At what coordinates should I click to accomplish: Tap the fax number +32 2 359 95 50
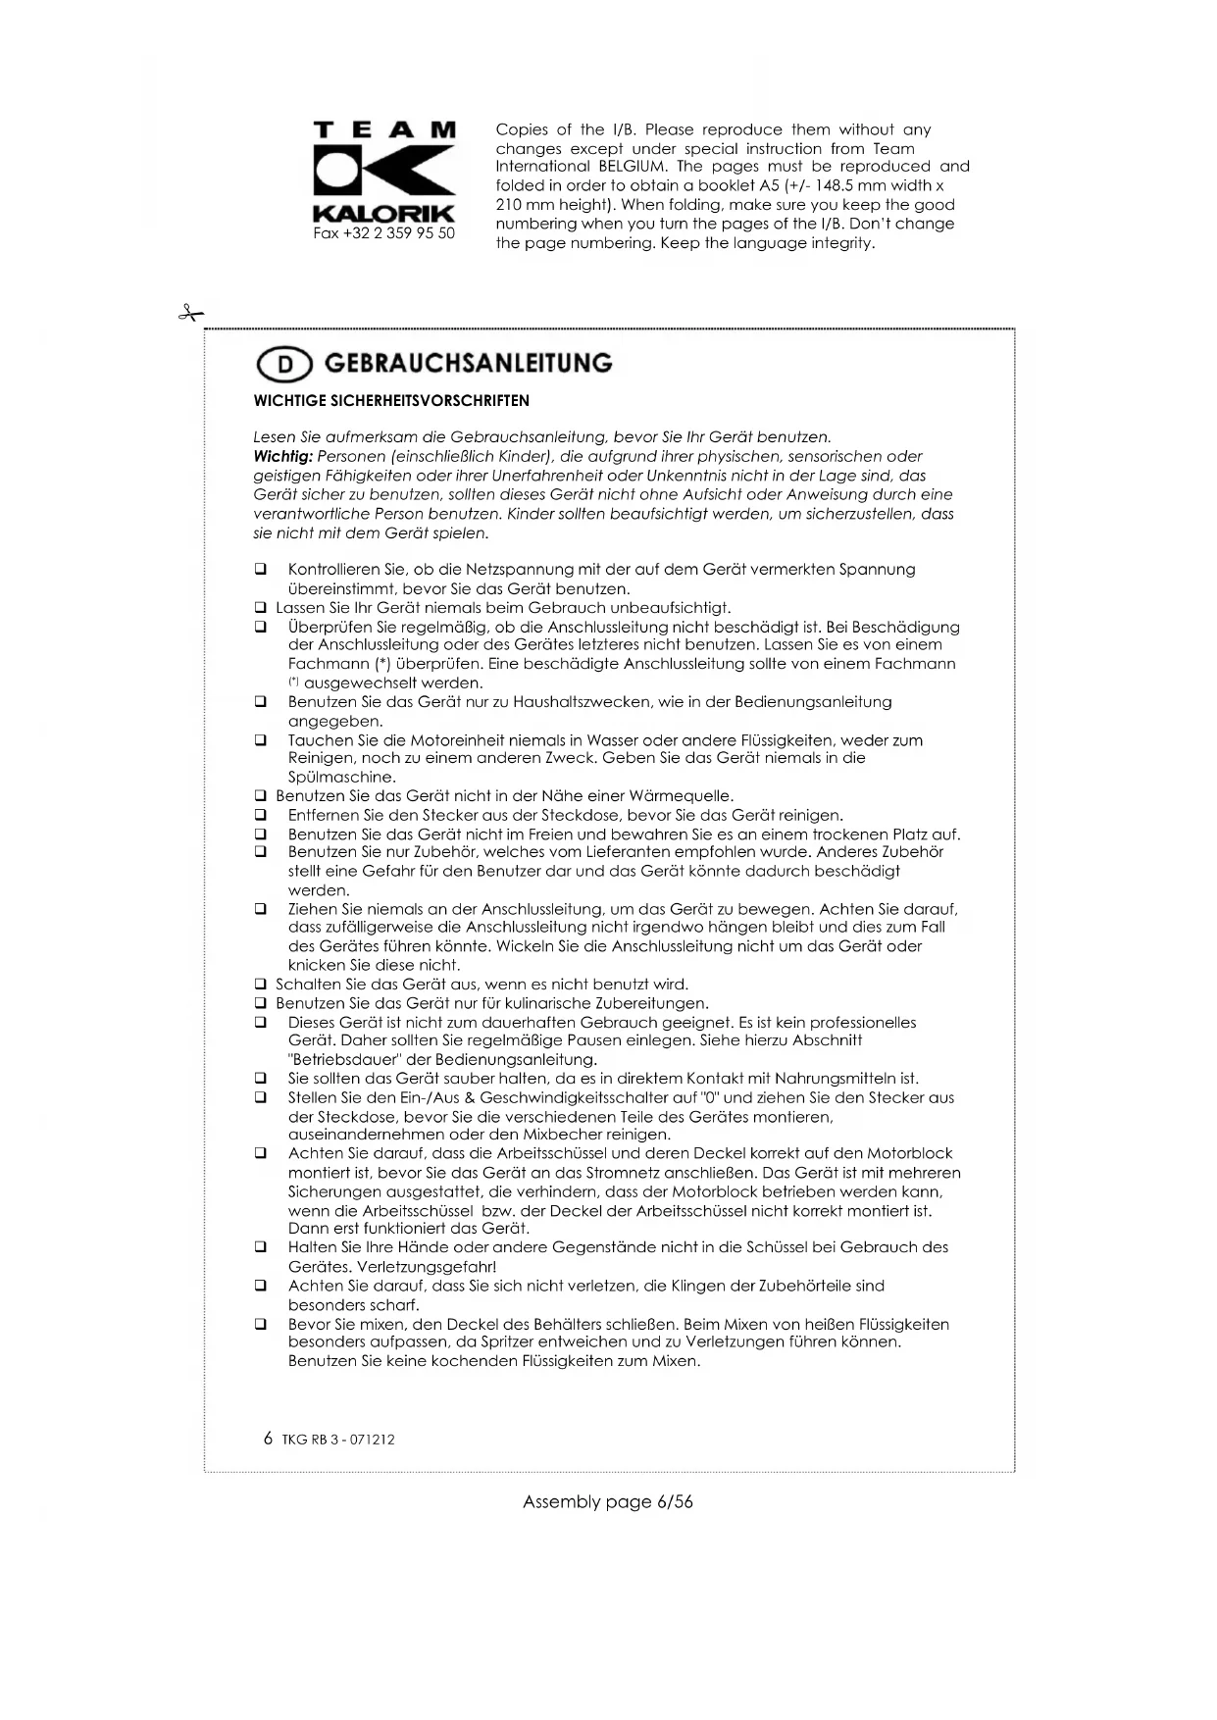pos(383,233)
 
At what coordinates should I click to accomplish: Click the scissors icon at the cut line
pos(189,314)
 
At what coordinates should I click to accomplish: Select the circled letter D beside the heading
pos(283,365)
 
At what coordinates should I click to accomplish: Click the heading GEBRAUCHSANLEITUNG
pos(468,364)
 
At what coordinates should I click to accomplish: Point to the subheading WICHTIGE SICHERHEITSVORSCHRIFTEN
pos(391,401)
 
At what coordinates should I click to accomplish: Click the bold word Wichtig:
pos(282,457)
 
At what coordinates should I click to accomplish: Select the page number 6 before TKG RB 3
pos(269,1439)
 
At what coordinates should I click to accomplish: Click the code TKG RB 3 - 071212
pos(338,1440)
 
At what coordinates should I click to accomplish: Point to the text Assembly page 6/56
pos(607,1501)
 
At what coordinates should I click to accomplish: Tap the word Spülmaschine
pos(342,778)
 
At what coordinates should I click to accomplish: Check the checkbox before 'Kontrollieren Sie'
pos(261,570)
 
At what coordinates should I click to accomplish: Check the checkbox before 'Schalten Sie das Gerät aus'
pos(261,985)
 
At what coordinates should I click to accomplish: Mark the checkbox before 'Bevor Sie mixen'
pos(261,1324)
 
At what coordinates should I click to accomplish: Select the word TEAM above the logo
pos(383,130)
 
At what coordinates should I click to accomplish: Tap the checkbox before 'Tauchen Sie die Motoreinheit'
pos(261,740)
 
